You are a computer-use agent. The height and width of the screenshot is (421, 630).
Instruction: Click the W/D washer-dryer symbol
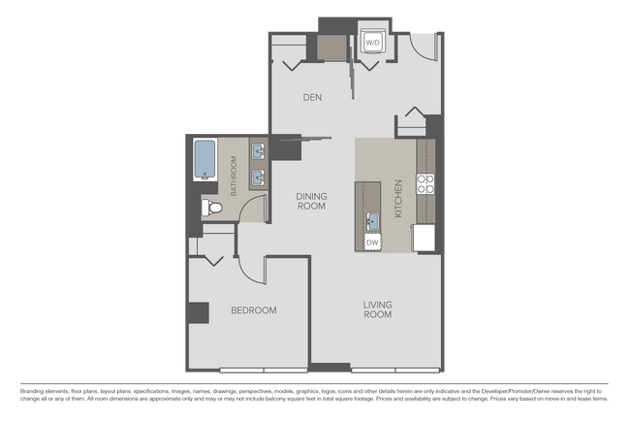373,43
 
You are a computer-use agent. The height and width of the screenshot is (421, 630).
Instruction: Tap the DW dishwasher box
373,242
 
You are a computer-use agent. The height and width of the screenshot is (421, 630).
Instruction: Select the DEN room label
311,98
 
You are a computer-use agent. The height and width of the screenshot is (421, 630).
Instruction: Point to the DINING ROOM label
311,201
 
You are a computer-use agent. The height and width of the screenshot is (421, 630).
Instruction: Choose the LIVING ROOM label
377,309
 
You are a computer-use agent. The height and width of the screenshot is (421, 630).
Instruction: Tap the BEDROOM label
253,310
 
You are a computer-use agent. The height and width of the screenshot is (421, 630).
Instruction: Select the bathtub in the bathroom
204,159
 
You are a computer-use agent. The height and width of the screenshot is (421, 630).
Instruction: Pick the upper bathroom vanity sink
258,151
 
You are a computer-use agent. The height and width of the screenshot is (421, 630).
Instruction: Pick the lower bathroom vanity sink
258,178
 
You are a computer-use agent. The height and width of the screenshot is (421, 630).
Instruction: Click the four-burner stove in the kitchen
426,183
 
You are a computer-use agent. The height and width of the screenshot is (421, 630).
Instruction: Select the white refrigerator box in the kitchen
425,238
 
